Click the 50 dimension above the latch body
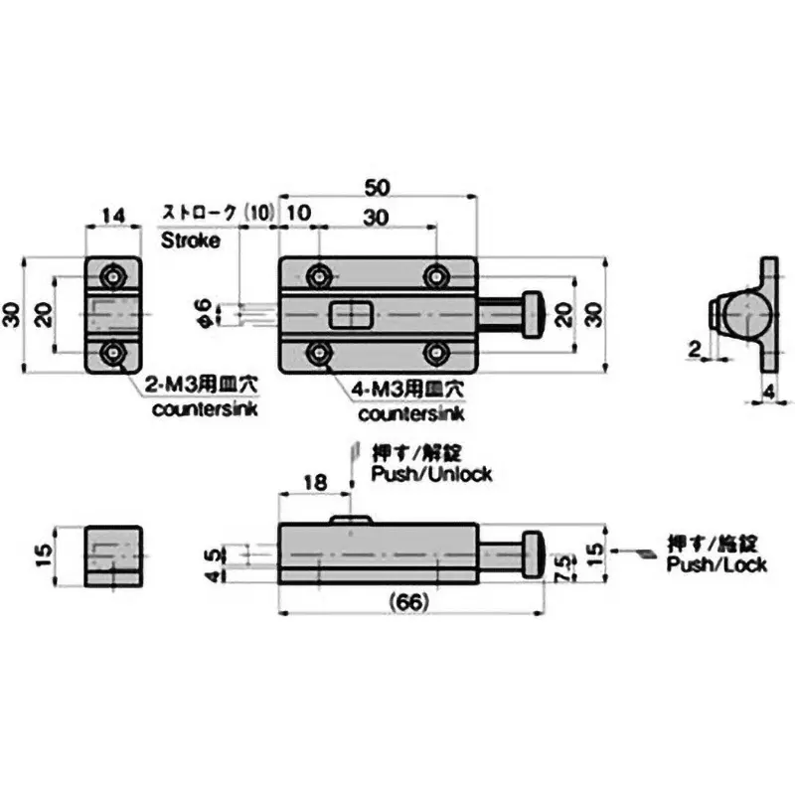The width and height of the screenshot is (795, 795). point(378,187)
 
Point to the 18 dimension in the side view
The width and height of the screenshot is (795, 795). point(314,481)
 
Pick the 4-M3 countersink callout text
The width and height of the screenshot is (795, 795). point(407,390)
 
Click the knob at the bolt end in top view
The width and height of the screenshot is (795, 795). point(534,313)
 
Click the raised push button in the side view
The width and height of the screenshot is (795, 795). point(351,519)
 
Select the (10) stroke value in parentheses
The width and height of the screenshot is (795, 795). point(260,213)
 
